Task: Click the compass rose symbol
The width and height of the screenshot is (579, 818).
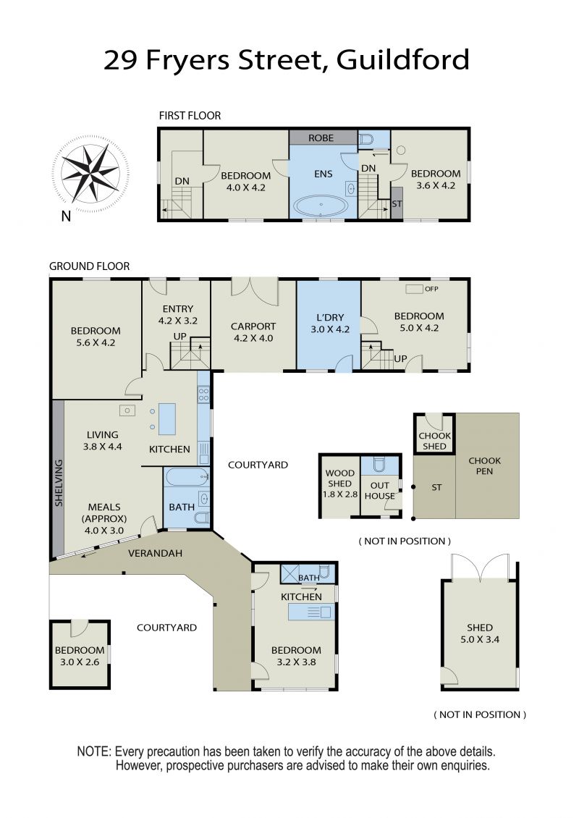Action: point(90,170)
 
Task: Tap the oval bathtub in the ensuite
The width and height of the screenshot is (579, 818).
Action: point(321,206)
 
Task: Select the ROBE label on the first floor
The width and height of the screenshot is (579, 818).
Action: point(321,138)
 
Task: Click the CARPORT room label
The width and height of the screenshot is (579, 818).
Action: point(253,326)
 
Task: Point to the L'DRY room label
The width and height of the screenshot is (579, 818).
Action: point(330,317)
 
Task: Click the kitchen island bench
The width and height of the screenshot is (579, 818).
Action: point(167,419)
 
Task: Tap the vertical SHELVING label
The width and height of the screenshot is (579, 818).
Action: point(59,483)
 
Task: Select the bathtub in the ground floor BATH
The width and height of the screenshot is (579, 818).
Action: point(187,477)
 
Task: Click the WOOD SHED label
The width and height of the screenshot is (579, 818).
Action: point(339,478)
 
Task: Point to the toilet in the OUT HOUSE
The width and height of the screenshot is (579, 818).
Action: point(379,464)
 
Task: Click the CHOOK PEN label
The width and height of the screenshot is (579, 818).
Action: point(485,466)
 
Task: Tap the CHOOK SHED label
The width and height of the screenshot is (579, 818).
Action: point(434,441)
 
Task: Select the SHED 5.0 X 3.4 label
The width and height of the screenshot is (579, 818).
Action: point(480,633)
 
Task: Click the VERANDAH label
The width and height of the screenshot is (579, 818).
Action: point(155,553)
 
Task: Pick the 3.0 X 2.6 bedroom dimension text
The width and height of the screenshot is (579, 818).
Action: point(80,662)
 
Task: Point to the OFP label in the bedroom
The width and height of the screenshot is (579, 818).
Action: point(431,289)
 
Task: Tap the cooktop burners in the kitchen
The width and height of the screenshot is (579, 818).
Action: point(203,395)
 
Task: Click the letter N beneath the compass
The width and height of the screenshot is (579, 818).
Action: point(66,216)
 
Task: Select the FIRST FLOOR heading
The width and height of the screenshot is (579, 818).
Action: point(190,115)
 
